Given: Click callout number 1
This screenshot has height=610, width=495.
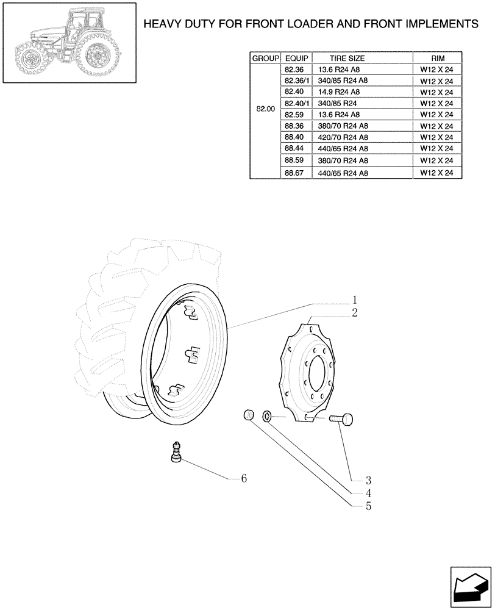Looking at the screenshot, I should pyautogui.click(x=354, y=300).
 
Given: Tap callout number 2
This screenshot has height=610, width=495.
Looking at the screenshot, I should pyautogui.click(x=354, y=312).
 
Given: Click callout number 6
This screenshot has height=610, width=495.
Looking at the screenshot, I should pyautogui.click(x=243, y=479).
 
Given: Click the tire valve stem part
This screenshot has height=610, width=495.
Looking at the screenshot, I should pyautogui.click(x=176, y=453).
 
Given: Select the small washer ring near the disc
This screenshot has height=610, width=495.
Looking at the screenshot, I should pyautogui.click(x=268, y=417).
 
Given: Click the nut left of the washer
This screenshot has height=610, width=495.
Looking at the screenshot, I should pyautogui.click(x=248, y=415).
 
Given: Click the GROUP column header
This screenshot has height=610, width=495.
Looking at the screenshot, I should pyautogui.click(x=265, y=58).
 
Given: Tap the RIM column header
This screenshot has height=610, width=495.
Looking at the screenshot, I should pyautogui.click(x=436, y=58).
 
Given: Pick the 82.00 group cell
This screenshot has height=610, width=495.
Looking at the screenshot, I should pyautogui.click(x=265, y=109).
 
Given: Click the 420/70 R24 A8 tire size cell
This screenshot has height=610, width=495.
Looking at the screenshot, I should pyautogui.click(x=343, y=137).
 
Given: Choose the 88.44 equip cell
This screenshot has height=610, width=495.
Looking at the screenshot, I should pyautogui.click(x=296, y=149).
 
